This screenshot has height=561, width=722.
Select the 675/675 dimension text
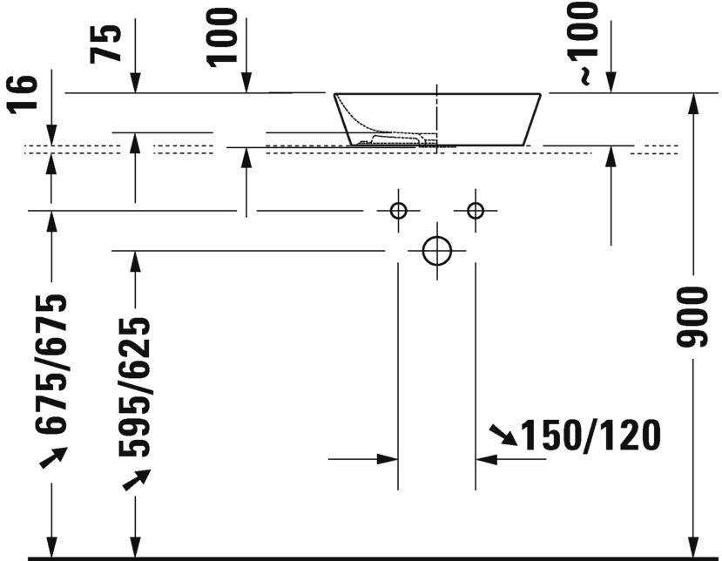click(52, 363)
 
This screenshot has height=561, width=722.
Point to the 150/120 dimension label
click(590, 436)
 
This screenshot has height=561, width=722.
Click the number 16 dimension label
click(26, 95)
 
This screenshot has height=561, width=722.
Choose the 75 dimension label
click(107, 42)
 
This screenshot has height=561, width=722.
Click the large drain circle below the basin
click(436, 251)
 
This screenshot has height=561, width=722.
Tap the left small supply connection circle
click(398, 210)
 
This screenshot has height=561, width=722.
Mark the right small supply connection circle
click(475, 210)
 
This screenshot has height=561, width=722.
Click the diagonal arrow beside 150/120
click(502, 435)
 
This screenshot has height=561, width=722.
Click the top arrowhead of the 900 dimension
click(693, 103)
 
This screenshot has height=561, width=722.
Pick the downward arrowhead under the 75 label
click(135, 83)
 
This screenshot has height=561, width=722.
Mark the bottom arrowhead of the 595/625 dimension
click(135, 546)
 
